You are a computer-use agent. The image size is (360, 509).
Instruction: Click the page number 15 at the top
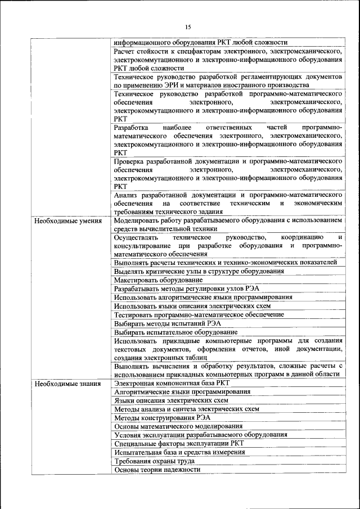(188, 26)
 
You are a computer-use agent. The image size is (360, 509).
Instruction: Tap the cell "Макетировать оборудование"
(158, 280)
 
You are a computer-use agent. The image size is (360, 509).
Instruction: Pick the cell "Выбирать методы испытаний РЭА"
(167, 323)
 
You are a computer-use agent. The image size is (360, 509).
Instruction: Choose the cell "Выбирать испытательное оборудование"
(175, 332)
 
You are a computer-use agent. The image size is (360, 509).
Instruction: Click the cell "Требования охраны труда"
(154, 461)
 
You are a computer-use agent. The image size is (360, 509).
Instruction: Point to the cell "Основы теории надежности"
(157, 469)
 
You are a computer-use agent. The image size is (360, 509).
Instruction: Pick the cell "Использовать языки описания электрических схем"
(192, 306)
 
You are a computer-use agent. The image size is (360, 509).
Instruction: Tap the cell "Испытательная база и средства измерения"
(181, 452)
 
